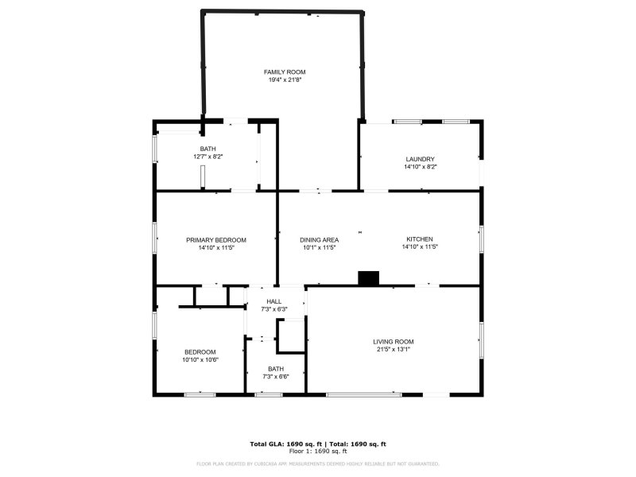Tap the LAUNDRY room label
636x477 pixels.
point(420,159)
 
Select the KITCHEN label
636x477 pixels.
point(420,239)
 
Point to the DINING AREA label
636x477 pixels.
point(320,239)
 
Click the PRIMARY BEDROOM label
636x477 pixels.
point(216,239)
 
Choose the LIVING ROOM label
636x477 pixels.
point(394,342)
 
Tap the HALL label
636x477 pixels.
point(274,301)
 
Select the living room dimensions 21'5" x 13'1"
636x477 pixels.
point(394,349)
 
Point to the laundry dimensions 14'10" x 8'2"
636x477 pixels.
point(420,167)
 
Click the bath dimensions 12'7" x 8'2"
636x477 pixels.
point(207,157)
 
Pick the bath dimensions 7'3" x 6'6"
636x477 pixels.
point(276,376)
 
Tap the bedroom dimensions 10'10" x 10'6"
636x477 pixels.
point(200,359)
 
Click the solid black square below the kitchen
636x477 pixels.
point(369,278)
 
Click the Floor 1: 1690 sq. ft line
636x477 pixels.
point(318,451)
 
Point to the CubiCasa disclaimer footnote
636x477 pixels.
point(318,463)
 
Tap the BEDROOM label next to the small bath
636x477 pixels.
point(200,352)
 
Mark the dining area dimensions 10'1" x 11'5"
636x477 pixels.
point(320,247)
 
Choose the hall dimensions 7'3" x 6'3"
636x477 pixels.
point(274,308)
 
